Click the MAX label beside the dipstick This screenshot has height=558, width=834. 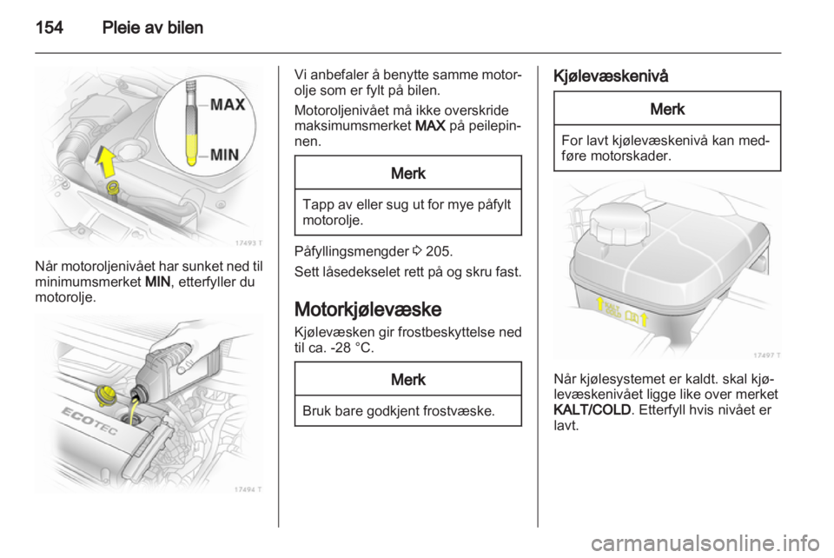click(228, 105)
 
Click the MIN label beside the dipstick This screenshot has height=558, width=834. click(226, 153)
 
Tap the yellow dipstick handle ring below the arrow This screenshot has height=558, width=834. click(110, 188)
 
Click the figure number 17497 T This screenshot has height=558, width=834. click(764, 354)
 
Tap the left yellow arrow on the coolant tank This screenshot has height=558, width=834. click(599, 304)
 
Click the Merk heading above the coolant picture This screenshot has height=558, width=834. click(667, 109)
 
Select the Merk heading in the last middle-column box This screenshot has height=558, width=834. click(407, 379)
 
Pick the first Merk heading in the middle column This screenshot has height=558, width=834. click(407, 172)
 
